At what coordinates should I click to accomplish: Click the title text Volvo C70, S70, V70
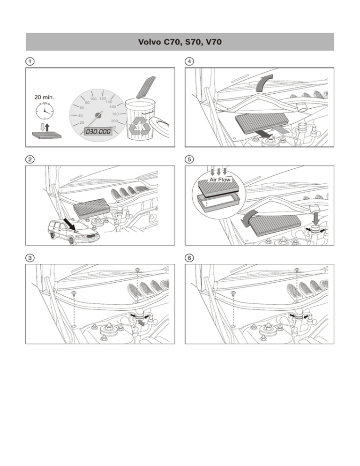[x=180, y=42]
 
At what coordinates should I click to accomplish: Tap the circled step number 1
[x=30, y=61]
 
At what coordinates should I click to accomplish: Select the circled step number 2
[x=30, y=159]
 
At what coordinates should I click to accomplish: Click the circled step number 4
[x=189, y=61]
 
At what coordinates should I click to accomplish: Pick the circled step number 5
[x=189, y=159]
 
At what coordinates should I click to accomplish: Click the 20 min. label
[x=44, y=98]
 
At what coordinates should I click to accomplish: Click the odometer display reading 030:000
[x=97, y=131]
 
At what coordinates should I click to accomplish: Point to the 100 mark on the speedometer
[x=93, y=99]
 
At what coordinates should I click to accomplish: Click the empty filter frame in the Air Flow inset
[x=218, y=203]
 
